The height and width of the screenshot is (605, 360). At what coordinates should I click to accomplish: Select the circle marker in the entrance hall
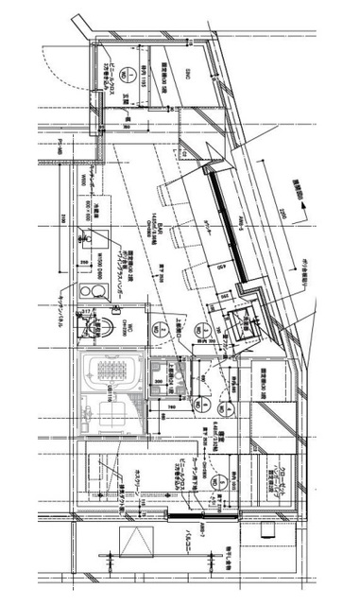[x=111, y=64]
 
